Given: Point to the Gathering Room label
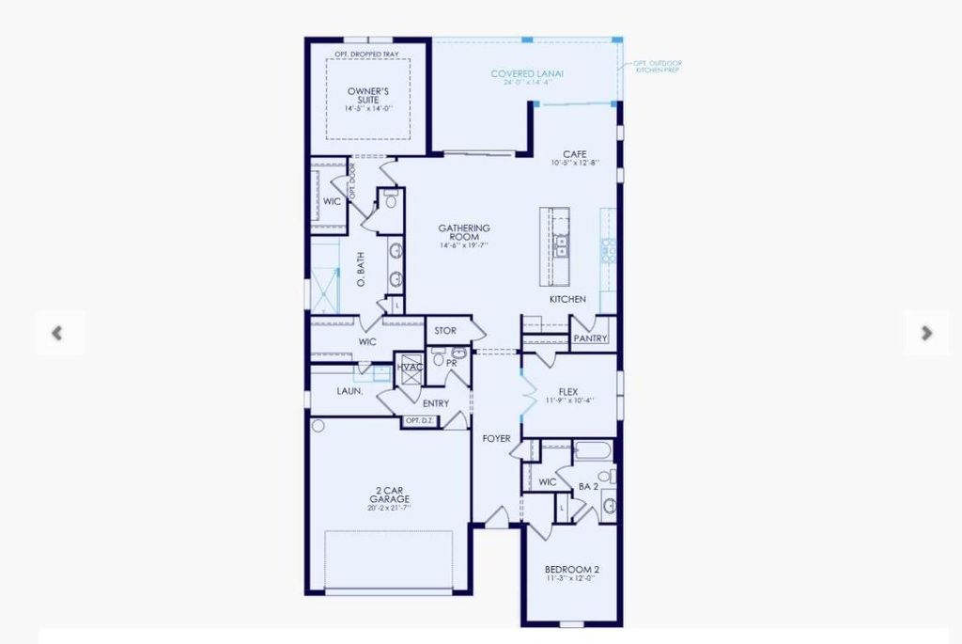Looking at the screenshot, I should click(464, 233).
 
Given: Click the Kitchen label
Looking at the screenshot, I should click(567, 299).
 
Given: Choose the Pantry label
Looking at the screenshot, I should click(591, 338).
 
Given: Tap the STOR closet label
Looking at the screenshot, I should click(444, 331).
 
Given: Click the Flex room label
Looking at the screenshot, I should click(567, 391).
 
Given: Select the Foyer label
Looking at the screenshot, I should click(497, 438).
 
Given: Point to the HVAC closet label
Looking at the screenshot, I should click(410, 367).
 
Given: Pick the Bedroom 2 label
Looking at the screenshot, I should click(572, 570).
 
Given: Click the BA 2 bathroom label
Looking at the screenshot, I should click(588, 486).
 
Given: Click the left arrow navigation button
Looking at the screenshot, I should click(58, 333).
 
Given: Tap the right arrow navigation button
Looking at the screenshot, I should click(926, 333).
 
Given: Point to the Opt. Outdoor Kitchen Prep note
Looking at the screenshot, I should click(658, 67).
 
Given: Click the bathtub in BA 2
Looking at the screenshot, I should click(592, 451).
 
